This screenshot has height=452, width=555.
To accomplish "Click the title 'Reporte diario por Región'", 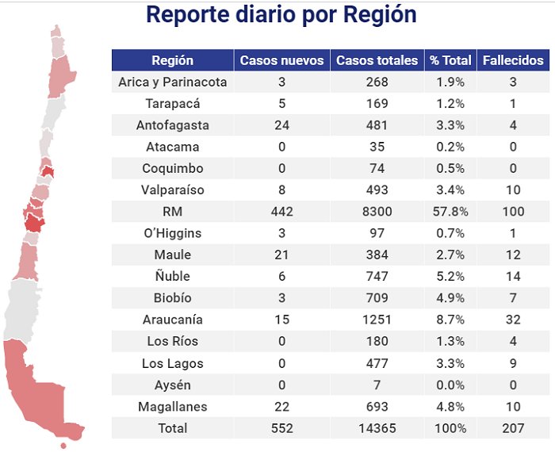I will click(x=281, y=16).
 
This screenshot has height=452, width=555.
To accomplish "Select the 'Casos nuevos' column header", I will click(x=281, y=60).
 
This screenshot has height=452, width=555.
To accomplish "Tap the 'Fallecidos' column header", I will click(x=514, y=60).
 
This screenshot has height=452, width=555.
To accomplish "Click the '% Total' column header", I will click(x=450, y=60).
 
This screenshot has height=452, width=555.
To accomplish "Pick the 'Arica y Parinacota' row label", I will click(x=172, y=82).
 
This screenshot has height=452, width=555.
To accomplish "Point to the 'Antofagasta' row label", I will click(x=172, y=125).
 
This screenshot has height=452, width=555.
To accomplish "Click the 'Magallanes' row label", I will click(x=172, y=407).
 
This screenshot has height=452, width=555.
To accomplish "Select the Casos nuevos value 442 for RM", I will click(x=281, y=212).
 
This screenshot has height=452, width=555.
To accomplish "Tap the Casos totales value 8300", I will click(x=377, y=212).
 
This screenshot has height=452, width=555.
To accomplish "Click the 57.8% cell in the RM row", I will click(x=450, y=212).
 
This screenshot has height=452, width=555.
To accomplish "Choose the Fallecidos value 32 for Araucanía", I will click(x=514, y=320).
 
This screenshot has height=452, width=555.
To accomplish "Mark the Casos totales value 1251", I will click(x=377, y=320).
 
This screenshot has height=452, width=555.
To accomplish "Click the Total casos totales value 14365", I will click(x=377, y=428).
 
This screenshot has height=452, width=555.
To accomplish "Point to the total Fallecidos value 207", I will click(x=514, y=428).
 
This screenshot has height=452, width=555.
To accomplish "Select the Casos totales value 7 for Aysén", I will click(x=377, y=385).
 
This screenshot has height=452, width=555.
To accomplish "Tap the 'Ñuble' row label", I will click(x=172, y=277).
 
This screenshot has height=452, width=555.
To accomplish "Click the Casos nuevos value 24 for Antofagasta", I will click(x=281, y=125).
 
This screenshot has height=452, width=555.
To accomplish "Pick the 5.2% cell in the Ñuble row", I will click(x=450, y=277).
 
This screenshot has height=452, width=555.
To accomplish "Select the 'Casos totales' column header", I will click(x=377, y=60).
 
